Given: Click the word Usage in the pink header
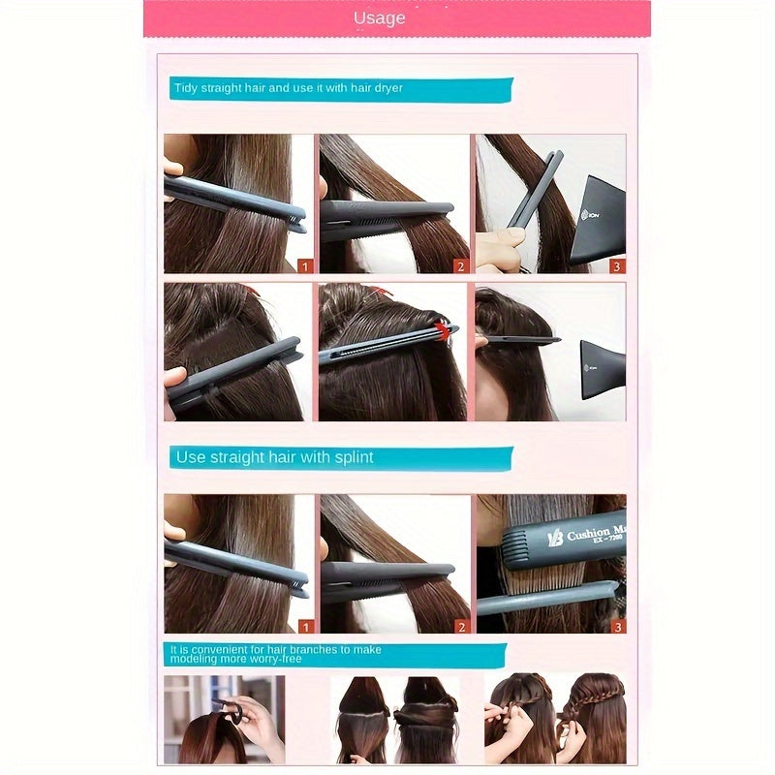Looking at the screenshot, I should click(379, 18).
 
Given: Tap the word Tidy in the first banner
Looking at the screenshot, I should click(184, 88).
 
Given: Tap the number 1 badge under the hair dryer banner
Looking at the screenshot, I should click(305, 265).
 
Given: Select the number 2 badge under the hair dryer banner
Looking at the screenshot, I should click(460, 265).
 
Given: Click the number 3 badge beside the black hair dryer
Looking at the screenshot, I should click(617, 265).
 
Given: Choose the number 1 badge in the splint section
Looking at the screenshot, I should click(305, 626).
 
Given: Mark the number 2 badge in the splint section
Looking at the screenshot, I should click(460, 626).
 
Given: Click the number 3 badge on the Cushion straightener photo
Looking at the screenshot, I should click(617, 626).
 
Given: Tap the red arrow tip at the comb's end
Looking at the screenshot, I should click(447, 329).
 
